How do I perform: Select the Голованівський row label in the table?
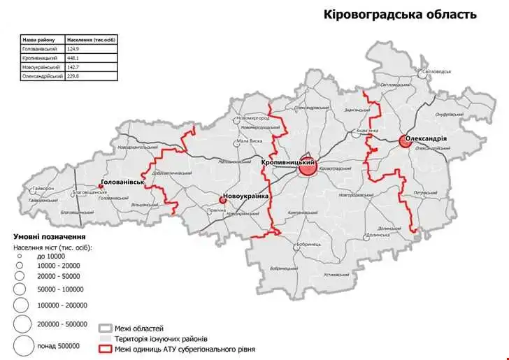[x=39, y=49]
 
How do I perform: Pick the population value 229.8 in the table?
[x=73, y=76]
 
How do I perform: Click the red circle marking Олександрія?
[x=405, y=141]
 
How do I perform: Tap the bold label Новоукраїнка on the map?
[x=246, y=196]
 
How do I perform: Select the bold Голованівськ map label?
[x=123, y=182]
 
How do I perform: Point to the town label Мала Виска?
[x=249, y=141]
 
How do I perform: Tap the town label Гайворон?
[x=41, y=189]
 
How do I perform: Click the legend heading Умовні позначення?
[x=50, y=237]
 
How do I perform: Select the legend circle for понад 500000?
[x=22, y=345]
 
